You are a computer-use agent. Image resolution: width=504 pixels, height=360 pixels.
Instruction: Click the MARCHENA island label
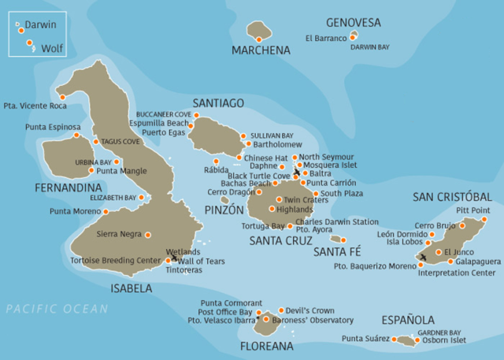[x=261, y=50]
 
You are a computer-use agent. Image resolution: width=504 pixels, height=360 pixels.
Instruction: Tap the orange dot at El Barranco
[x=353, y=37]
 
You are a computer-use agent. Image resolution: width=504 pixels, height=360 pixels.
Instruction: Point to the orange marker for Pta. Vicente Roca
[x=62, y=97]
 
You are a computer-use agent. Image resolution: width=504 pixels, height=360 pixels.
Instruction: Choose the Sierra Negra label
[x=118, y=234]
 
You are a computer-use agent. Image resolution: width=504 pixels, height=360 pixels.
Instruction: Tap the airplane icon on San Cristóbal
[x=424, y=257]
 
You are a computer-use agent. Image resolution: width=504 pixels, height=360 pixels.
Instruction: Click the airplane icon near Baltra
[x=296, y=172]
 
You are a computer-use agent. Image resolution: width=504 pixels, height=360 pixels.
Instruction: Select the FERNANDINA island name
[x=69, y=187]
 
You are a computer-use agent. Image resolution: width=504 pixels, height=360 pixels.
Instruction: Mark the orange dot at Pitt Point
[x=485, y=220]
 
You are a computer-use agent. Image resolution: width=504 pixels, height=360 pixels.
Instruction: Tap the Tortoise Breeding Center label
[x=116, y=260]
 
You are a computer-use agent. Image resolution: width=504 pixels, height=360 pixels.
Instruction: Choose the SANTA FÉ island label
[x=336, y=252]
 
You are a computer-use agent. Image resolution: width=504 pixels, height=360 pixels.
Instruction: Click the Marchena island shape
[x=259, y=31]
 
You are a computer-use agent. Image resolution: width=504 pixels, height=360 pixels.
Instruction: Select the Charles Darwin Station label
[x=336, y=222]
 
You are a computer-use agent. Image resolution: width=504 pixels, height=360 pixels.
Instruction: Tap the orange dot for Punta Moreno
[x=106, y=211]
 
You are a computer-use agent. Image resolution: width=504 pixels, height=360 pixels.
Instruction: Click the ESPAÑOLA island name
[x=408, y=320]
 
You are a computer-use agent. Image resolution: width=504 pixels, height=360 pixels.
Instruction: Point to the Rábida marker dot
[x=216, y=161]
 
